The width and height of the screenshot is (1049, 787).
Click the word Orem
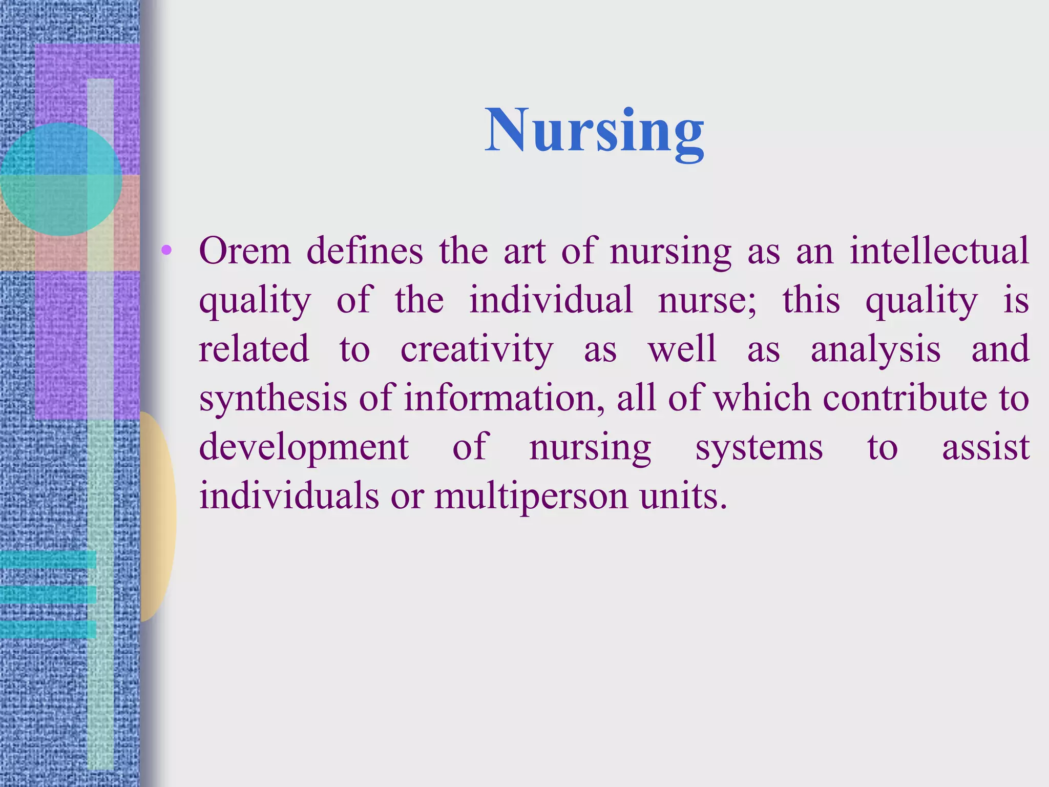coord(245,251)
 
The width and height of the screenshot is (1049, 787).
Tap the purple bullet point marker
coord(166,251)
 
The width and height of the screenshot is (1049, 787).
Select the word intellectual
coord(939,251)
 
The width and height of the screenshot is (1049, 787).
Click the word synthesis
coord(273,399)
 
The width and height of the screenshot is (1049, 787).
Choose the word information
coord(500,399)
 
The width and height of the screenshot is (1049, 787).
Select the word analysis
coord(875,349)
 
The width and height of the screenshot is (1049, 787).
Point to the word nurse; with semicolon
coord(707,300)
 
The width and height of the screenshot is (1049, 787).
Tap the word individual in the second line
coord(551,300)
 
